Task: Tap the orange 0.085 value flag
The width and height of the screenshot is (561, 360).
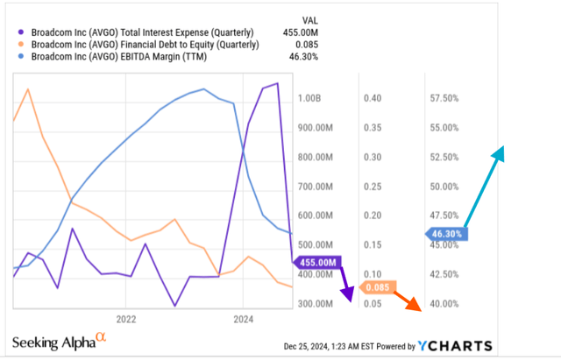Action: pyautogui.click(x=378, y=286)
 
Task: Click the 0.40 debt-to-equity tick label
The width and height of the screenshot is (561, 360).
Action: pyautogui.click(x=372, y=99)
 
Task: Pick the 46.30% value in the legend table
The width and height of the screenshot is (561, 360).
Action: pyautogui.click(x=306, y=57)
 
